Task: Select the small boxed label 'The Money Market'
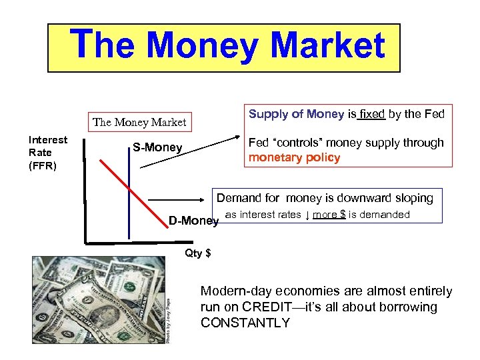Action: tap(140, 122)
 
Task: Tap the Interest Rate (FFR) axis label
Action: tap(47, 153)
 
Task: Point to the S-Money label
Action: tap(157, 147)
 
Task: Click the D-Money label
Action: tap(193, 221)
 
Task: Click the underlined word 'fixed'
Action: tap(371, 114)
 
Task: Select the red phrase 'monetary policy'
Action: tap(295, 158)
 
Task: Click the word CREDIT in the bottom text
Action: tap(271, 307)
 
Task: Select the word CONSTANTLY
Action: tap(245, 323)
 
